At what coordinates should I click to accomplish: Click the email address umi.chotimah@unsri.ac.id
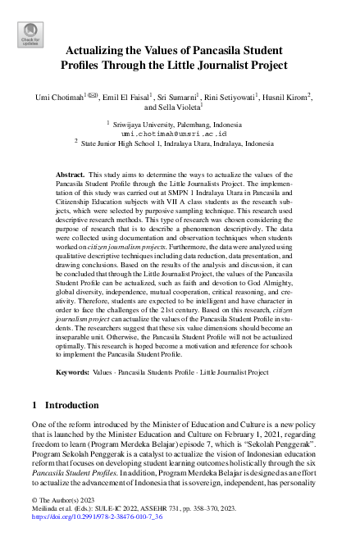click(x=174, y=132)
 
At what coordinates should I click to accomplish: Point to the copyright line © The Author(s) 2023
click(x=63, y=499)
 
